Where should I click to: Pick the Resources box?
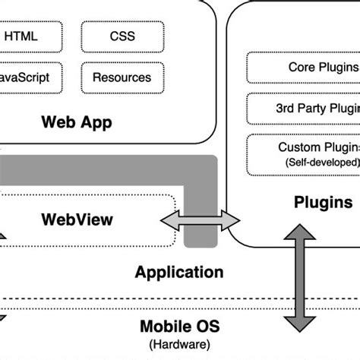121,77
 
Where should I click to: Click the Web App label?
77,122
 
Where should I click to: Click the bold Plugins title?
322,203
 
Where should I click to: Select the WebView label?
77,219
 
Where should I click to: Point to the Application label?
179,272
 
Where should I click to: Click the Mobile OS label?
179,327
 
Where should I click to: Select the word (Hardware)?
179,344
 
